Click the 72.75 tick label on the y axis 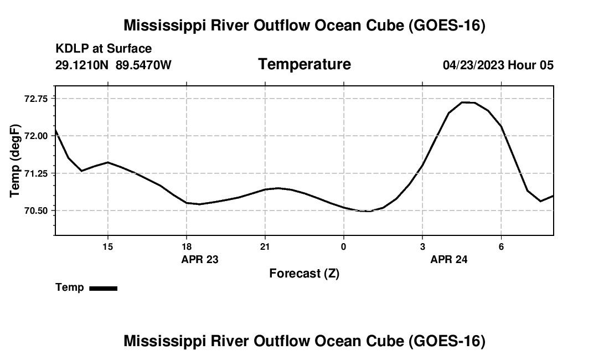click(x=36, y=99)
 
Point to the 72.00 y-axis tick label click(x=36, y=136)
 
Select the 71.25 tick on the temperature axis click(x=36, y=173)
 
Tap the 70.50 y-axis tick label click(x=36, y=211)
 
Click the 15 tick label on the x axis click(x=107, y=246)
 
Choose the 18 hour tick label click(x=187, y=246)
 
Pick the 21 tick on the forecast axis click(x=265, y=246)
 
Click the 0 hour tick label click(x=344, y=246)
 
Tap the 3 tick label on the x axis click(x=422, y=246)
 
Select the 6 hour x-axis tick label click(x=502, y=246)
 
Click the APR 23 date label click(x=200, y=259)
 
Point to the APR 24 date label click(x=449, y=259)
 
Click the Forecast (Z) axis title click(x=304, y=274)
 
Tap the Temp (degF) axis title click(x=15, y=161)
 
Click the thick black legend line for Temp click(x=104, y=288)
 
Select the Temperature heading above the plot click(x=304, y=64)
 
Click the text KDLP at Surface click(x=104, y=49)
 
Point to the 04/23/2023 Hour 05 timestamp click(x=498, y=65)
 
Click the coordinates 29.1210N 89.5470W click(x=113, y=65)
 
